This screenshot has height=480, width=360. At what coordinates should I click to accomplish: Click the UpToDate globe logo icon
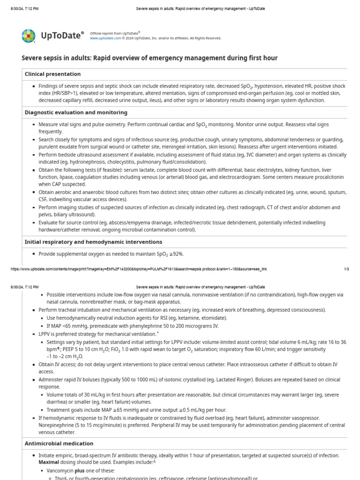tap(28, 36)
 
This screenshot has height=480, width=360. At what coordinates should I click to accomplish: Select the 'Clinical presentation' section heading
tap(52, 74)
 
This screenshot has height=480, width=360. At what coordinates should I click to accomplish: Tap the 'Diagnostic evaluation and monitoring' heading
tap(76, 112)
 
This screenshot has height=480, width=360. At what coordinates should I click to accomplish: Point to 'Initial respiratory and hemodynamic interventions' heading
tap(93, 242)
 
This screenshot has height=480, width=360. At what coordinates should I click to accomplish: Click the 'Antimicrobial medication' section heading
tap(59, 443)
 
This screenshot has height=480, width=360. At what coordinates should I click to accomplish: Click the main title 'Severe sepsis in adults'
tap(150, 58)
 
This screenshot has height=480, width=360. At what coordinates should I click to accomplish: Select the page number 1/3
tap(346, 269)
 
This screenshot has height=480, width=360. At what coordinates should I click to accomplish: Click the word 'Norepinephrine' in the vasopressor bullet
tap(55, 425)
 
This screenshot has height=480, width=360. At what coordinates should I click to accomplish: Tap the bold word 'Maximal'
tap(49, 462)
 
